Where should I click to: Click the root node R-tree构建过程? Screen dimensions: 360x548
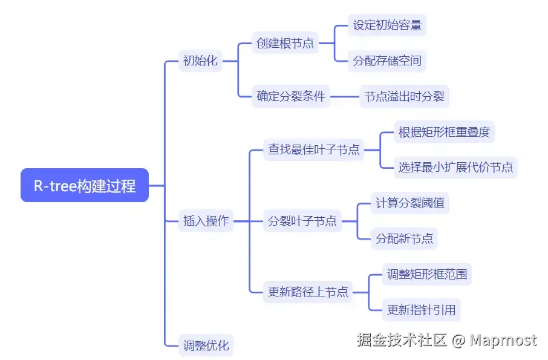point(85,185)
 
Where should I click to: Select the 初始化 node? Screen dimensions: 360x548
point(200,61)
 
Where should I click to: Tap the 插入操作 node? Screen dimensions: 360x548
point(206,221)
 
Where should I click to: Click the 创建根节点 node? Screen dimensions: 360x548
point(285,44)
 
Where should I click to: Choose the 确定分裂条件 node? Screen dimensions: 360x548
point(291,96)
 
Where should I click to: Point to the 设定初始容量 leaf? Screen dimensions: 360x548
point(387,25)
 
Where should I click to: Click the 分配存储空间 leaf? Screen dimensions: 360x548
point(387,61)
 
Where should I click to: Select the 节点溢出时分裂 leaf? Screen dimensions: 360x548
point(403,96)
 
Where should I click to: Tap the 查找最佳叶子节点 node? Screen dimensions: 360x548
point(314,149)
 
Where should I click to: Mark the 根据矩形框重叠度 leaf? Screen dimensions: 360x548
point(444,132)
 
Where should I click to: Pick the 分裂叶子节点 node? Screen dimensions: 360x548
point(302,221)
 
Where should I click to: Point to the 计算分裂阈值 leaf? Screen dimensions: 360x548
point(409,203)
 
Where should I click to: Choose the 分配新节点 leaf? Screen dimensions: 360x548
point(404,238)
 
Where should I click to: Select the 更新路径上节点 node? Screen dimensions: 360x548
point(308,292)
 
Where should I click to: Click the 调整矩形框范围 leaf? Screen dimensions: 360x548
point(427,274)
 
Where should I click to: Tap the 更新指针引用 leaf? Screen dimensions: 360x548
point(421,310)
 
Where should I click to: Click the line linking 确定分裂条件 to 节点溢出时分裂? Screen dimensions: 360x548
point(344,96)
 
